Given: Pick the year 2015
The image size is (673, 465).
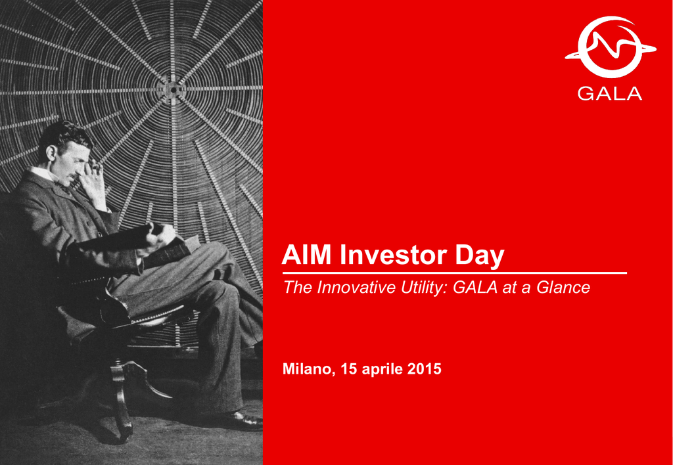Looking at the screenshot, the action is (x=424, y=369).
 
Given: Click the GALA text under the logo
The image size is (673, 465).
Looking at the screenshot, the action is (x=610, y=94).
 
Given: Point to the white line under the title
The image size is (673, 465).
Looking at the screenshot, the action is (x=455, y=273).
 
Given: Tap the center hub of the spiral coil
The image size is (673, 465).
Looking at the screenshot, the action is (x=173, y=90).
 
